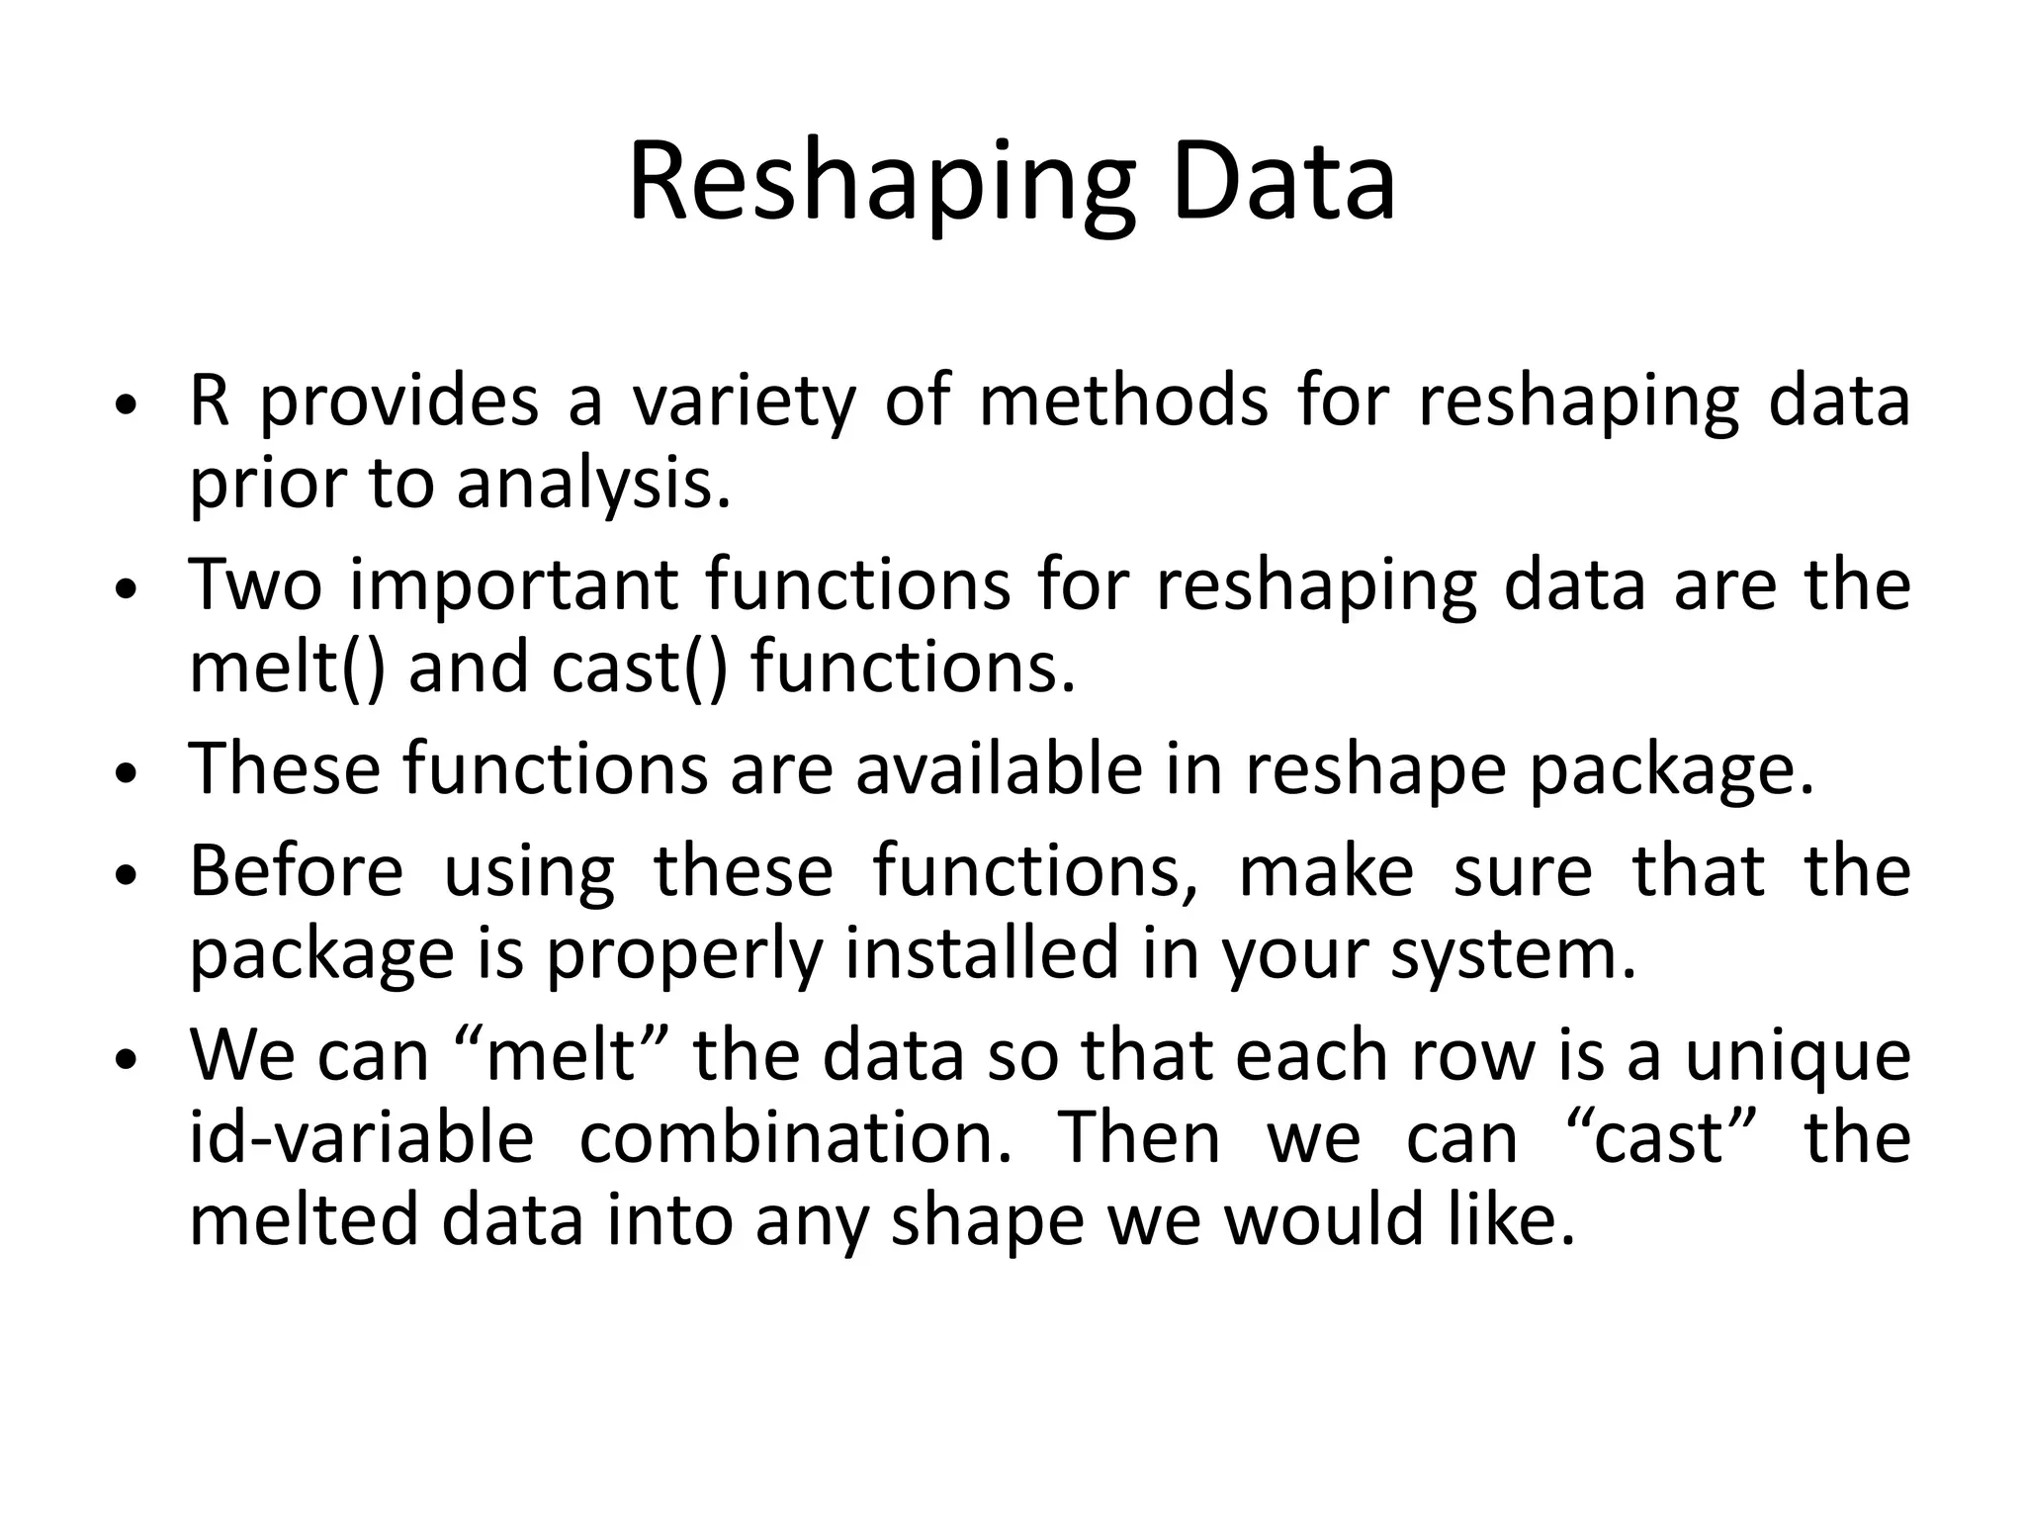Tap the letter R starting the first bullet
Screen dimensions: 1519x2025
click(x=209, y=402)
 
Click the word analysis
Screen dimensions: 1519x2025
click(x=593, y=486)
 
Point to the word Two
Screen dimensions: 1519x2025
click(x=256, y=584)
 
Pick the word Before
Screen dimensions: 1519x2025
click(x=297, y=871)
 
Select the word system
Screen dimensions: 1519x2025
click(x=1513, y=954)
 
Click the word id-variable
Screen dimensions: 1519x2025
click(x=361, y=1137)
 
